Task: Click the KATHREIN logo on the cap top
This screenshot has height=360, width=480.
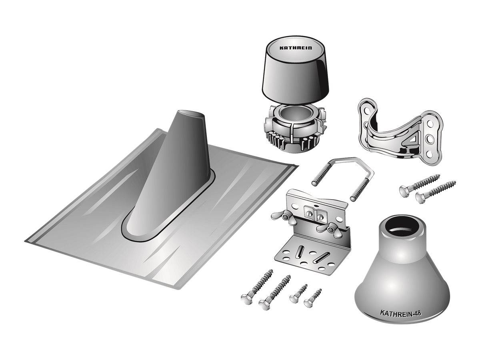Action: click(296, 48)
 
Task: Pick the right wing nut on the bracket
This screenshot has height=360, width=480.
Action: click(329, 230)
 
